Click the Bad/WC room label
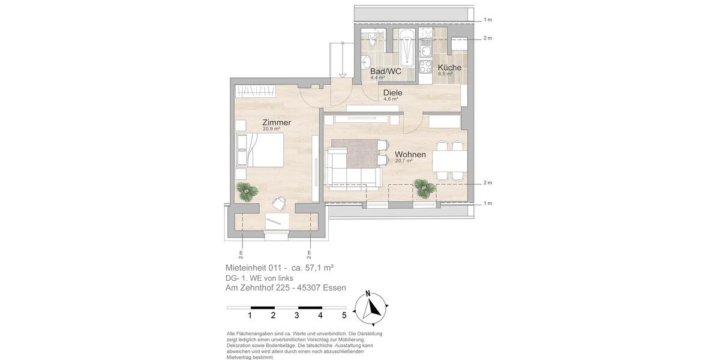pos(385,71)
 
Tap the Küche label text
pos(449,67)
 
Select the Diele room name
pos(392,93)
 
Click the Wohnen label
pos(410,154)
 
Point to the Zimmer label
pos(277,122)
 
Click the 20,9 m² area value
pos(271,129)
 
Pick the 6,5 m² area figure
pos(445,74)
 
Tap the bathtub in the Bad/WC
pos(407,48)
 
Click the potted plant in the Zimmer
pos(247,191)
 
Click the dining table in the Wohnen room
pos(449,161)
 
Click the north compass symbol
pos(371,307)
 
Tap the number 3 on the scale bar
pos(296,315)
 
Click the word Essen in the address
pos(334,288)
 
